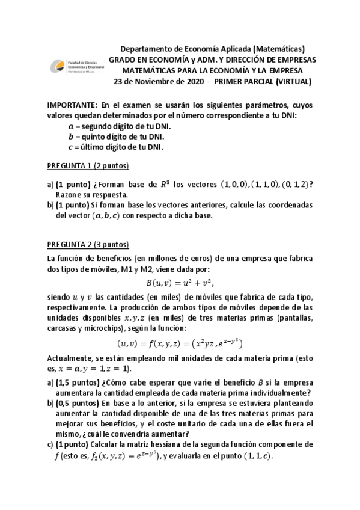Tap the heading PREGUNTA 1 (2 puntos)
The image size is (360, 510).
[88, 166]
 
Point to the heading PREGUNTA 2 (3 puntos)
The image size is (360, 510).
[88, 244]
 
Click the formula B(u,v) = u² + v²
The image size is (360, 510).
[180, 282]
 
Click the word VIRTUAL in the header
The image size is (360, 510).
[296, 81]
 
